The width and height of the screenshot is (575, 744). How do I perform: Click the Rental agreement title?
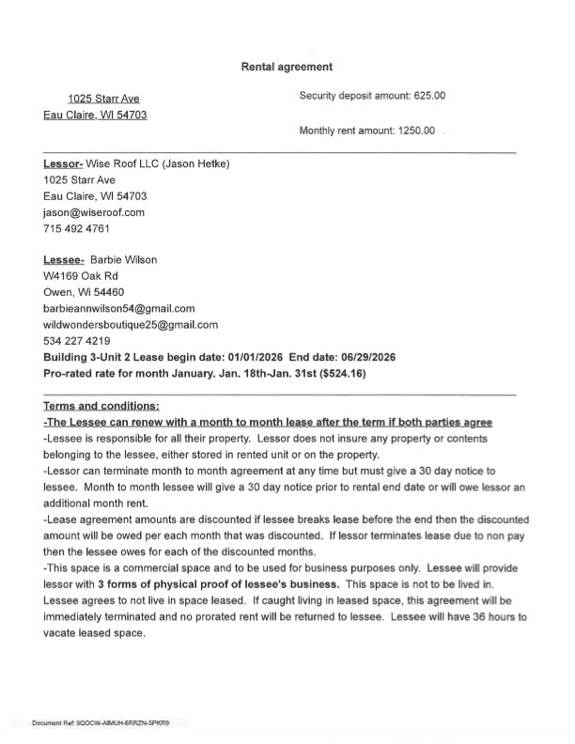pyautogui.click(x=287, y=67)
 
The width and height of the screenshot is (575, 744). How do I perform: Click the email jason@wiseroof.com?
pyautogui.click(x=94, y=213)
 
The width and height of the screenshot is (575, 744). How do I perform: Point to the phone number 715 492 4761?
pyautogui.click(x=76, y=228)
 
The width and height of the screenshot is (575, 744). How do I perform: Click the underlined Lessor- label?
pyautogui.click(x=63, y=163)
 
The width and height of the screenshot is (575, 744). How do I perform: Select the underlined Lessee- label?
pyautogui.click(x=64, y=259)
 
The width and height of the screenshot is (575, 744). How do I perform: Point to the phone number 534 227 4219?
pyautogui.click(x=77, y=340)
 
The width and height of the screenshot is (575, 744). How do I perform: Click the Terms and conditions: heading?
pyautogui.click(x=101, y=406)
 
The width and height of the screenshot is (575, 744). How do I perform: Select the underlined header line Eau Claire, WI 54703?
pyautogui.click(x=95, y=116)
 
